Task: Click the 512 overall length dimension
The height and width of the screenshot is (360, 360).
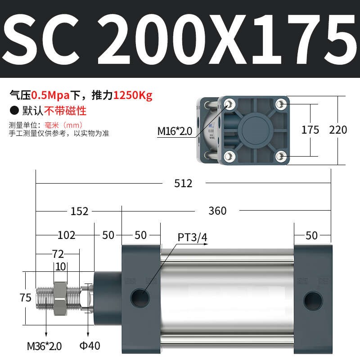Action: [x=184, y=183]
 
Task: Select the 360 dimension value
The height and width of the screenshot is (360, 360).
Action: [x=217, y=211]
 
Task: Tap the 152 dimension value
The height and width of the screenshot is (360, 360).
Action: [x=79, y=211]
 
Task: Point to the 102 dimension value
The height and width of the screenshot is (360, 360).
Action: [x=66, y=235]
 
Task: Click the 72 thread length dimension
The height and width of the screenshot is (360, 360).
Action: [x=58, y=254]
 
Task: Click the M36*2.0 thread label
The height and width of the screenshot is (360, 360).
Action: [x=44, y=346]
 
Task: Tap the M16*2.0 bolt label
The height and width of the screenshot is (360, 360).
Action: [x=175, y=131]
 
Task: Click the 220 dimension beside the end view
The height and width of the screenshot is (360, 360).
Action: [x=338, y=130]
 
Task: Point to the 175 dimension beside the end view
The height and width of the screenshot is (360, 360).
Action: [x=310, y=130]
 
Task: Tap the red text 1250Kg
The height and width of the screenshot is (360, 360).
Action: [x=133, y=95]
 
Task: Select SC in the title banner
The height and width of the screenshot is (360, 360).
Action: [x=46, y=39]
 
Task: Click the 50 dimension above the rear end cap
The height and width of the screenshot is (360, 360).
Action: [x=311, y=235]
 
